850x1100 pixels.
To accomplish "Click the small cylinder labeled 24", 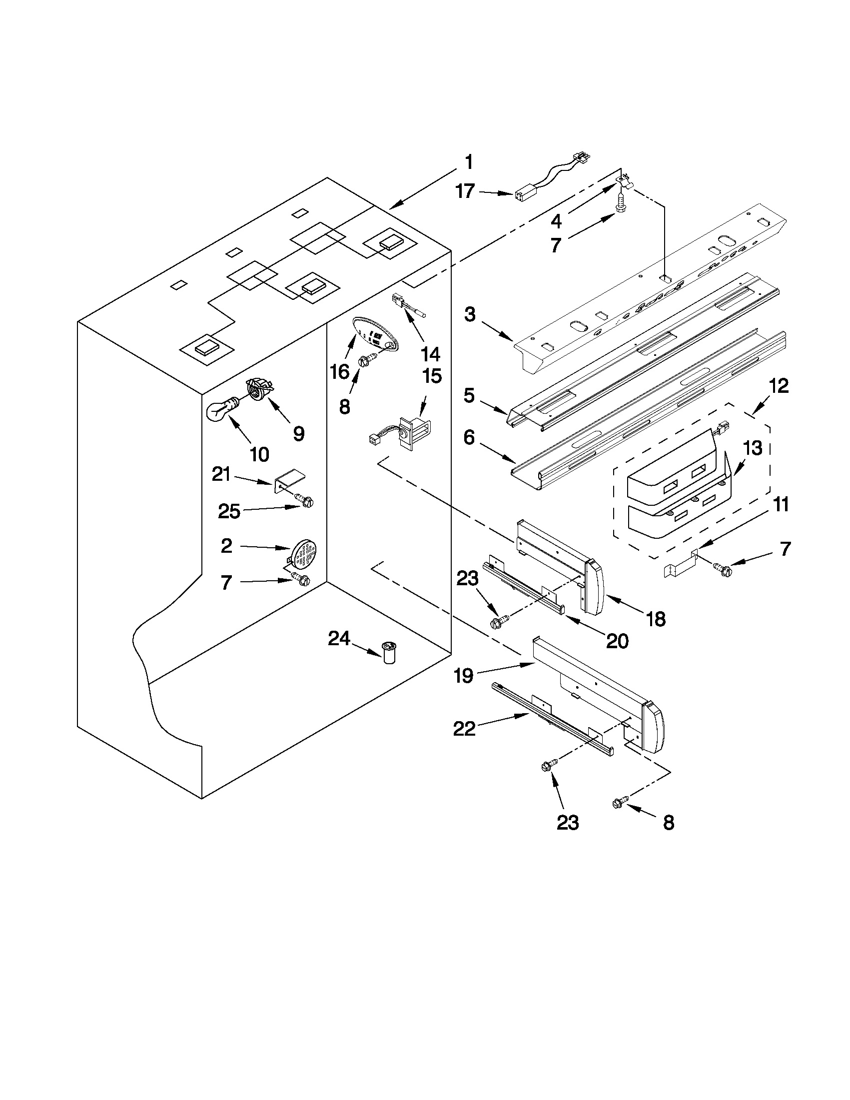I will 389,653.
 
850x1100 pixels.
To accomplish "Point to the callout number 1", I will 468,163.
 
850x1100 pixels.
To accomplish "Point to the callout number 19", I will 463,675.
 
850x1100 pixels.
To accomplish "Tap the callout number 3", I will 469,315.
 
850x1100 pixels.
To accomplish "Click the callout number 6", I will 469,438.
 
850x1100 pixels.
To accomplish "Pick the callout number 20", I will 617,641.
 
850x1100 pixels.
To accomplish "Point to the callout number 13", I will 753,447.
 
